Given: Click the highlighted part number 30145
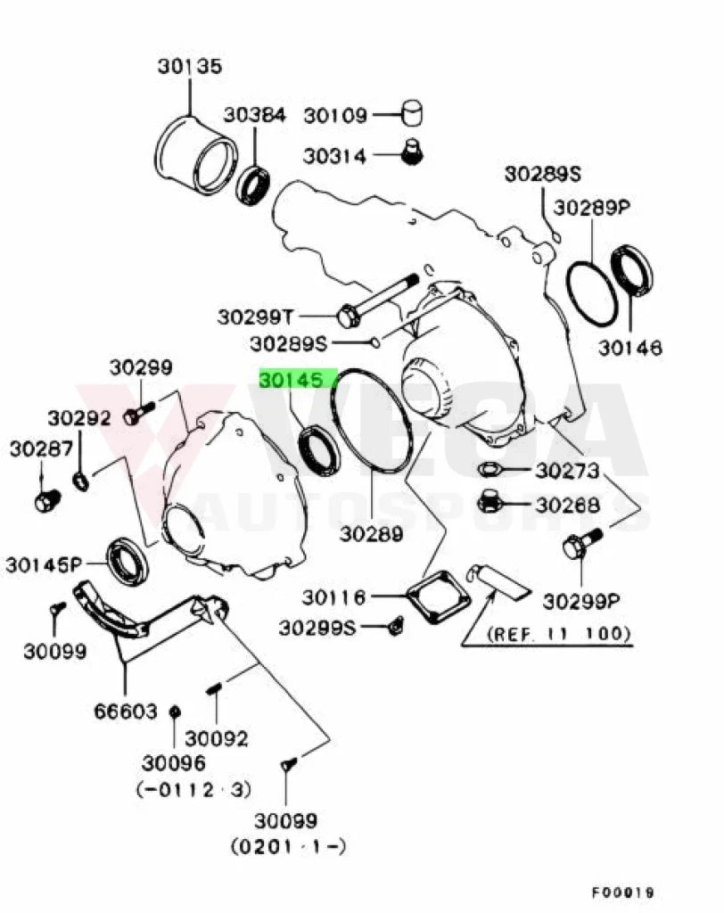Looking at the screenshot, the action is click(291, 380).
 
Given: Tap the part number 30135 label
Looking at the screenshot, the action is click(190, 66).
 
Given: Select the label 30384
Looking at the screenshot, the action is click(255, 115).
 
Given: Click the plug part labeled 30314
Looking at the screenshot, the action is click(413, 152).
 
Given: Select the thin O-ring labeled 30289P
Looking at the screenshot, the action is click(591, 293).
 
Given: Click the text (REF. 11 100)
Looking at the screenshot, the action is click(558, 633).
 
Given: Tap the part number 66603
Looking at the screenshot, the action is click(125, 711).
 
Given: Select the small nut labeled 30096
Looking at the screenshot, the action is click(174, 711).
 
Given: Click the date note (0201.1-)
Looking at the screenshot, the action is click(288, 845).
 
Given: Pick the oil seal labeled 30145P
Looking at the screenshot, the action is click(127, 562).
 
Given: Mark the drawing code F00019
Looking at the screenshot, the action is click(622, 892).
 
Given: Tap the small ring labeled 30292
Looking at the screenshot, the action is click(81, 481).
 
